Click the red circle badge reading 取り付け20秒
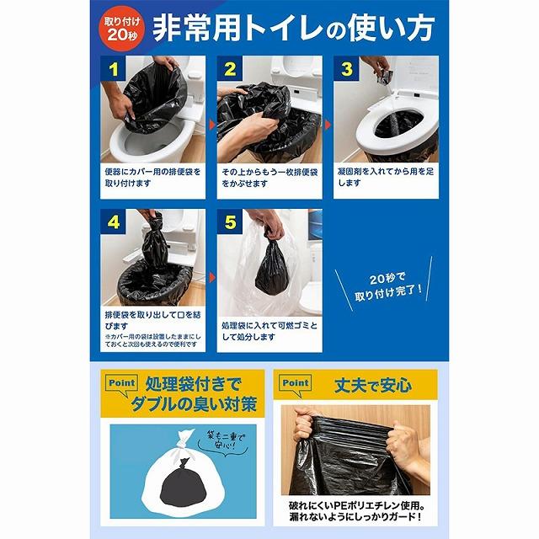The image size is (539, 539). pyautogui.click(x=122, y=29)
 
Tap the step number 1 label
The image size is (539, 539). pyautogui.click(x=113, y=69)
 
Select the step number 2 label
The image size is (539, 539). pyautogui.click(x=230, y=69)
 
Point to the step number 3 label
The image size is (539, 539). pyautogui.click(x=346, y=69)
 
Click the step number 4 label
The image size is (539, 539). pyautogui.click(x=113, y=221)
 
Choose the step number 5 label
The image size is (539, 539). pyautogui.click(x=230, y=221)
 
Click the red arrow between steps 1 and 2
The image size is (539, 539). pyautogui.click(x=212, y=125)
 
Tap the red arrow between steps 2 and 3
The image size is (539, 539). pyautogui.click(x=328, y=125)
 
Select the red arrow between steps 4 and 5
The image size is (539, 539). pyautogui.click(x=212, y=277)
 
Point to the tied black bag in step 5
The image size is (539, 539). pyautogui.click(x=271, y=266)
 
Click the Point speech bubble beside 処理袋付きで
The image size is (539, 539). pyautogui.click(x=121, y=384)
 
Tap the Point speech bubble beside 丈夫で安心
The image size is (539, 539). pyautogui.click(x=295, y=384)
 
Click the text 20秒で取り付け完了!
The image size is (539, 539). pyautogui.click(x=387, y=286)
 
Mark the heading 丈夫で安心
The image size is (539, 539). pyautogui.click(x=373, y=385)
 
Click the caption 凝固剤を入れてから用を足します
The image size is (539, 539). pyautogui.click(x=385, y=177)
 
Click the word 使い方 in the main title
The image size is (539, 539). pyautogui.click(x=391, y=28)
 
